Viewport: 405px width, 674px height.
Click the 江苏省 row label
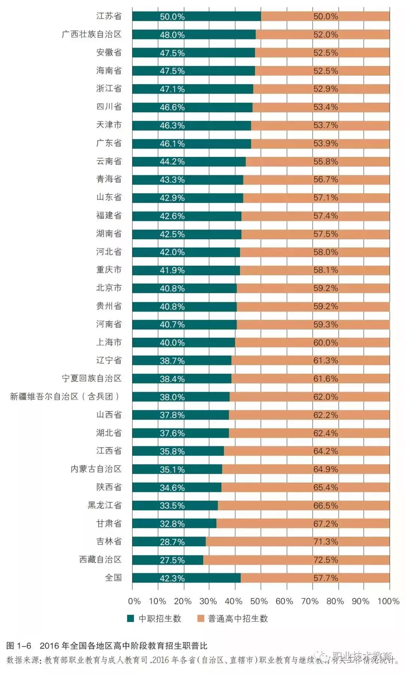[x=109, y=16]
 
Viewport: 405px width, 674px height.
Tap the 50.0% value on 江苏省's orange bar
[x=325, y=16]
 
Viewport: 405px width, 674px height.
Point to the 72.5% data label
[x=325, y=560]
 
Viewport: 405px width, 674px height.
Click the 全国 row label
[x=113, y=578]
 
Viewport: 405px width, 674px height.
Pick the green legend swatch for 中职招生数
[x=130, y=619]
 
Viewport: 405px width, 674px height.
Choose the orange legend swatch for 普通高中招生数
[x=201, y=619]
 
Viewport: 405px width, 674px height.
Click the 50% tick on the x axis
[x=259, y=601]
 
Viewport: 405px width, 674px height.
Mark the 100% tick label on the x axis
[x=388, y=601]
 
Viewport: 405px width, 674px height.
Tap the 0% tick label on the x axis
[x=134, y=601]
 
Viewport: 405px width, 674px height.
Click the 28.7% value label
[x=172, y=542]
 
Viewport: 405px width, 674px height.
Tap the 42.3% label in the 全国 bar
[x=172, y=578]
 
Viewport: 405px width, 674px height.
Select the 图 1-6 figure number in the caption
[x=18, y=646]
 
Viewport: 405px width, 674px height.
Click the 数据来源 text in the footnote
[x=23, y=660]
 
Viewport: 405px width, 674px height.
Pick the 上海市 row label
[x=109, y=342]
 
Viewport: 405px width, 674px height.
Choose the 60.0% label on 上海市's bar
[x=325, y=343]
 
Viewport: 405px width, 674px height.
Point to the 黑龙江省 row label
[x=105, y=506]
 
